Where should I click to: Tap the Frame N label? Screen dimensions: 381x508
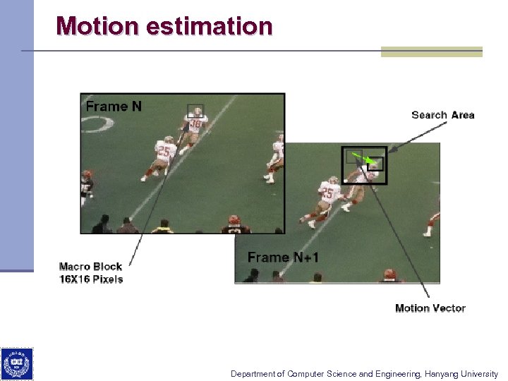coord(114,107)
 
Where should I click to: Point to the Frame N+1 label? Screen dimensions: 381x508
coord(283,258)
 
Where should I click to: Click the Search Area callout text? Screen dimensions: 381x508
coord(442,115)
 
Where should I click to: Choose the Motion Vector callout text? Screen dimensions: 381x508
coord(430,308)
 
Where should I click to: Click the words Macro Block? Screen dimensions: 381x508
coord(90,267)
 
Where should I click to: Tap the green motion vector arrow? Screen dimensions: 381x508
coord(361,158)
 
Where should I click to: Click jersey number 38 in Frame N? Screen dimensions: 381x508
coord(195,125)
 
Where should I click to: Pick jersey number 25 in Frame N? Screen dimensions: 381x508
coord(163,150)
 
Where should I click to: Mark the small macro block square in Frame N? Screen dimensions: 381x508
coord(195,111)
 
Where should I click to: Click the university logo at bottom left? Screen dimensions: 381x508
coord(16,365)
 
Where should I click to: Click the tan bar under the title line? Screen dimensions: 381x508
coord(431,52)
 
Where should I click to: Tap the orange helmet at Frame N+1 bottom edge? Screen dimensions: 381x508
coord(389,274)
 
